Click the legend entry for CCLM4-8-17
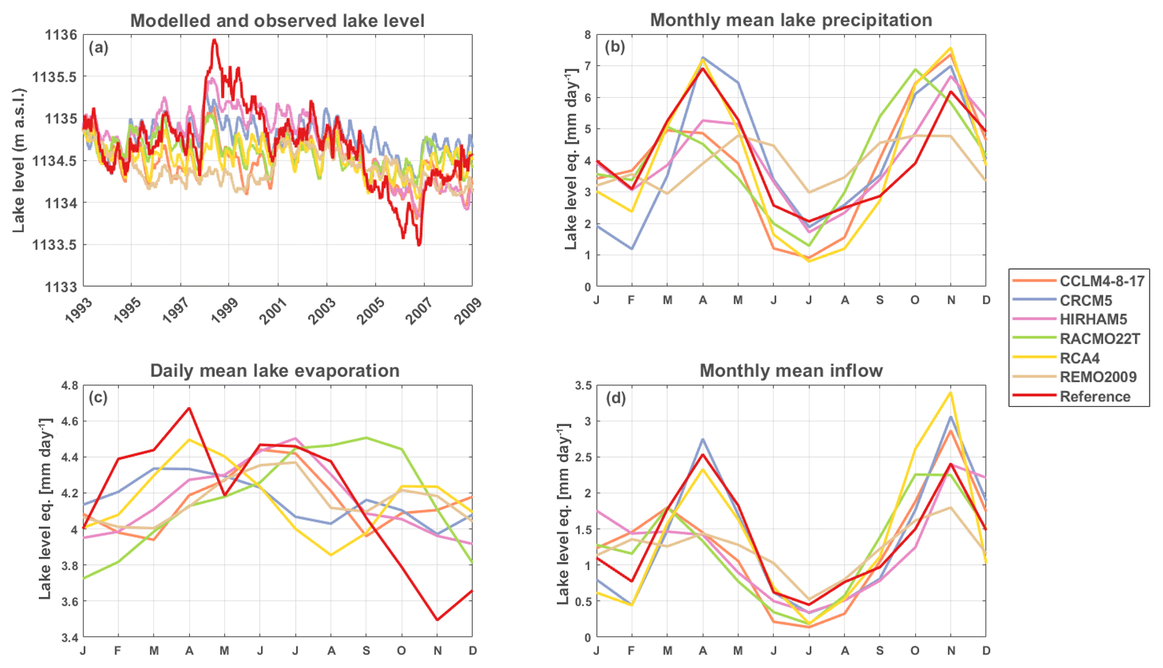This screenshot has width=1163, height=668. tap(1101, 281)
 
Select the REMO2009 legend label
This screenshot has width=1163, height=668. tap(1097, 377)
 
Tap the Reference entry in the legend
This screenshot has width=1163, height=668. tap(1095, 396)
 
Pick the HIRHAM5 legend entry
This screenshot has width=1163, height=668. tap(1093, 320)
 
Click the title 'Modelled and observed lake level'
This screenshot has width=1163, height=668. tap(277, 21)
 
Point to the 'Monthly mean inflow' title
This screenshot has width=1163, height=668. tap(791, 371)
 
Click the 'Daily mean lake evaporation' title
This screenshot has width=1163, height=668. tap(275, 371)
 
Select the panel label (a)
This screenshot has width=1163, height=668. tap(99, 47)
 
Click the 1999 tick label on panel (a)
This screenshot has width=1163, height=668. tap(224, 310)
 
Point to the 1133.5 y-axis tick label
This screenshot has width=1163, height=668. tap(55, 245)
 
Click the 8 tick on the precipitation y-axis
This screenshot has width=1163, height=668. tap(587, 35)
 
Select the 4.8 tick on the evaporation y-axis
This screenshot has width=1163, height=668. tap(70, 385)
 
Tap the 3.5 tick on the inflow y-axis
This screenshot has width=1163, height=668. tap(583, 385)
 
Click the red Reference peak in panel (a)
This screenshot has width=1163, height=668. tap(214, 40)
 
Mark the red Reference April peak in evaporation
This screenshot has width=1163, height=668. tap(189, 408)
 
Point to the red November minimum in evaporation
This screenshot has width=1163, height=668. tap(437, 619)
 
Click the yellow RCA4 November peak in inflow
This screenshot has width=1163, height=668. tap(950, 393)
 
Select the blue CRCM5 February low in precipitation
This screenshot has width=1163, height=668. tap(632, 249)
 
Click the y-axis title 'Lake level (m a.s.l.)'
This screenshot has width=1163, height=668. tap(18, 160)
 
